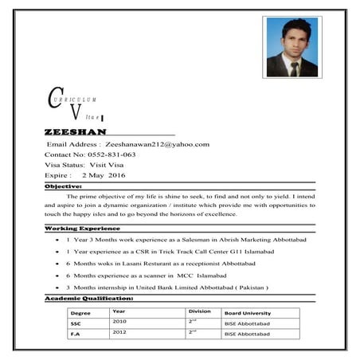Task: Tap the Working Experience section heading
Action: point(83,229)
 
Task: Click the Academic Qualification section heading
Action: point(89,298)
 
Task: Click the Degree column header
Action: point(80,314)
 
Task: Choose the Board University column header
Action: point(248,313)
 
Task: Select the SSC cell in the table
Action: point(76,324)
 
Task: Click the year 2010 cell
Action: point(119,322)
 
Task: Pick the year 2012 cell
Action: point(119,332)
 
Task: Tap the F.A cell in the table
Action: point(75,335)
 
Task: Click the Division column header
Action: point(199,311)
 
